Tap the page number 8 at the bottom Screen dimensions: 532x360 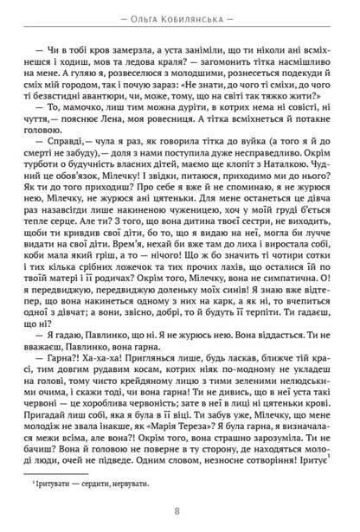[180, 511]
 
